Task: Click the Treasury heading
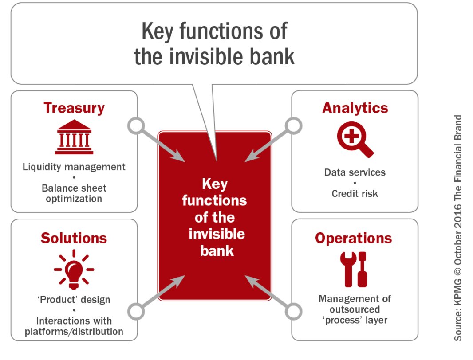pyautogui.click(x=74, y=108)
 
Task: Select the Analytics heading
pyautogui.click(x=355, y=108)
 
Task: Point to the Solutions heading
pyautogui.click(x=74, y=238)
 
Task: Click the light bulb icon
pyautogui.click(x=74, y=267)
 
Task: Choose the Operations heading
pyautogui.click(x=354, y=238)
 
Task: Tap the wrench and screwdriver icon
pyautogui.click(x=354, y=269)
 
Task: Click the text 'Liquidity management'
pyautogui.click(x=74, y=167)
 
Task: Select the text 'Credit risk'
pyautogui.click(x=355, y=194)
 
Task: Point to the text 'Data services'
pyautogui.click(x=355, y=172)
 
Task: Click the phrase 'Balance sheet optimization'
pyautogui.click(x=74, y=193)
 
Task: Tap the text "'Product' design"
pyautogui.click(x=74, y=299)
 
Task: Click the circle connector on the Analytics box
pyautogui.click(x=294, y=126)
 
